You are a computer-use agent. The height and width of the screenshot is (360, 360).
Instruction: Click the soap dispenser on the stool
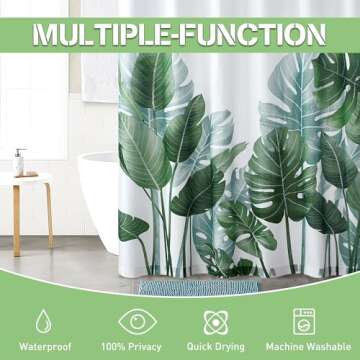[19, 162]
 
